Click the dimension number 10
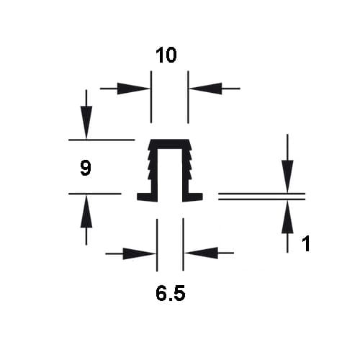pyautogui.click(x=166, y=55)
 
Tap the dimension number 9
pyautogui.click(x=86, y=168)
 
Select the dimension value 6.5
pyautogui.click(x=171, y=293)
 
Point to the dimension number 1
pyautogui.click(x=306, y=243)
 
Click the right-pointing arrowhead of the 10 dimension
pyautogui.click(x=133, y=89)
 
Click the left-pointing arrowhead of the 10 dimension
pyautogui.click(x=205, y=89)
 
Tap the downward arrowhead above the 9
pyautogui.click(x=86, y=122)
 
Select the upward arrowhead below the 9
pyautogui.click(x=86, y=211)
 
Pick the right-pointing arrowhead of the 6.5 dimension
pyautogui.click(x=139, y=253)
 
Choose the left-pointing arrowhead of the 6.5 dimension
pyautogui.click(x=201, y=253)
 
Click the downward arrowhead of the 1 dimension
pyautogui.click(x=287, y=176)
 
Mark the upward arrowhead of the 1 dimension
pyautogui.click(x=287, y=217)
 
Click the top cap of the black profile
pyautogui.click(x=170, y=144)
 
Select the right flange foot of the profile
pyautogui.click(x=192, y=197)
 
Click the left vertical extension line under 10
pyautogui.click(x=151, y=97)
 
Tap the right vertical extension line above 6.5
pyautogui.click(x=183, y=245)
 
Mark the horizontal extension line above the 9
pyautogui.click(x=102, y=140)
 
